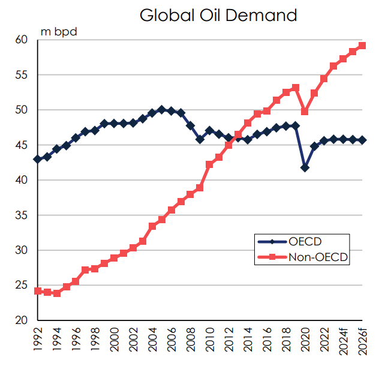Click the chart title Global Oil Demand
pyautogui.click(x=218, y=15)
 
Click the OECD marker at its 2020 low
pyautogui.click(x=305, y=167)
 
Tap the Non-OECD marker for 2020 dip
pyautogui.click(x=305, y=112)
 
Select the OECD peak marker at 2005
pyautogui.click(x=162, y=109)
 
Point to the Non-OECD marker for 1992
pyautogui.click(x=38, y=291)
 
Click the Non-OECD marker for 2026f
pyautogui.click(x=362, y=46)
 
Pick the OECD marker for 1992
pyautogui.click(x=38, y=159)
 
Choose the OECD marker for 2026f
pyautogui.click(x=362, y=140)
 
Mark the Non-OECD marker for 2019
pyautogui.click(x=295, y=88)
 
